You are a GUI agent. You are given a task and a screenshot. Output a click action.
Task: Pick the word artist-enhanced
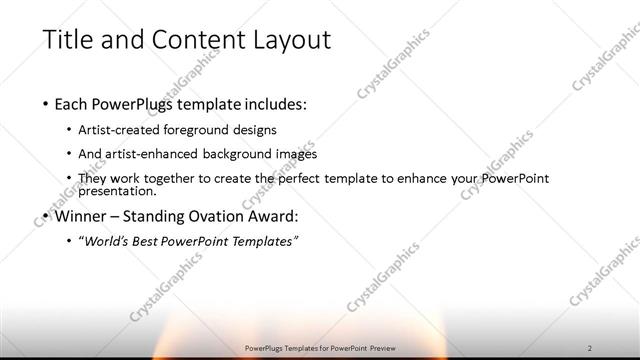coord(170,154)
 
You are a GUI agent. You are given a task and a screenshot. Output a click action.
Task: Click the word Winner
coord(83,215)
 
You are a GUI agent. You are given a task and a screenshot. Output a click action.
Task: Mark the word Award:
coord(275,215)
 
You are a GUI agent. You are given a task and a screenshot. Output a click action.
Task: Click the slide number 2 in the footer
coord(590,347)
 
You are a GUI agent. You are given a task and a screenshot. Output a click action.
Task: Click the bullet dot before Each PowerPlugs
coord(46,103)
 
